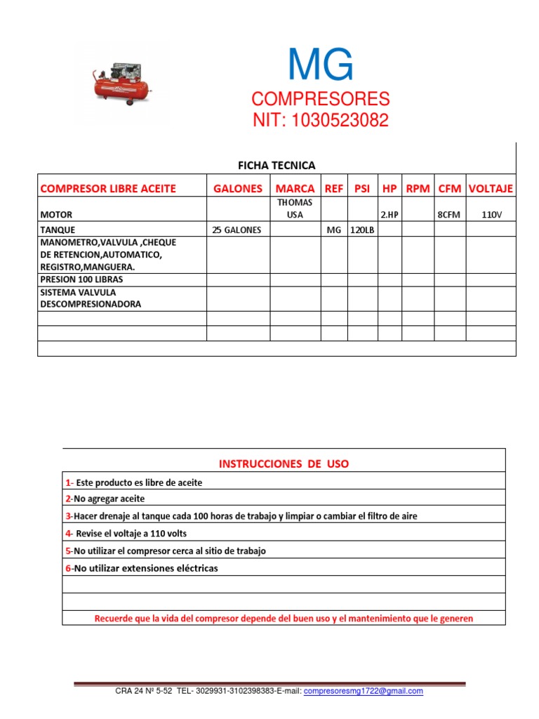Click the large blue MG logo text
click(320, 67)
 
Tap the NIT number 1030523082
click(321, 120)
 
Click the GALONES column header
click(238, 188)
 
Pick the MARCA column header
click(295, 188)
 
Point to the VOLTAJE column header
click(491, 188)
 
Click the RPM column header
click(418, 188)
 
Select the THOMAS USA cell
click(295, 209)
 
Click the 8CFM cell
click(450, 215)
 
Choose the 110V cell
click(491, 215)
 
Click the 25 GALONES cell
click(238, 230)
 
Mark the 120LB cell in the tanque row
click(363, 230)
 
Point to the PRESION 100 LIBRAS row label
click(81, 279)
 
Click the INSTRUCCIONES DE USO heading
click(284, 463)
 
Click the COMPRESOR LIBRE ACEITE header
click(108, 188)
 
